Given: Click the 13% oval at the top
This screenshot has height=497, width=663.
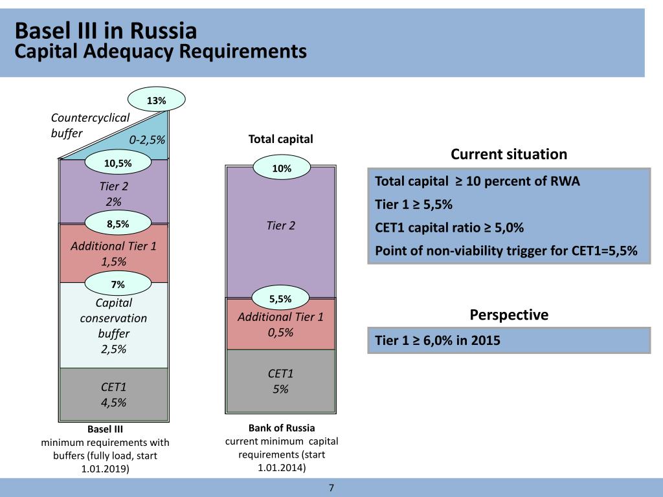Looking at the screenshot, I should [157, 100].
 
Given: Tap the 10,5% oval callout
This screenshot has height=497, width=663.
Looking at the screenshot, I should [118, 164].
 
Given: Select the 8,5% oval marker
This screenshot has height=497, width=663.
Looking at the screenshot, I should [118, 224].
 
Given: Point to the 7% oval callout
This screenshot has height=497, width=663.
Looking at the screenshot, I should [118, 283].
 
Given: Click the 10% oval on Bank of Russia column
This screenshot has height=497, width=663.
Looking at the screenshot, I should [281, 168].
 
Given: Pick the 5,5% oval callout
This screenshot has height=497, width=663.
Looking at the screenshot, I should [280, 298].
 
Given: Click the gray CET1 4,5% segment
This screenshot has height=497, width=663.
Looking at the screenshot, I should [113, 395].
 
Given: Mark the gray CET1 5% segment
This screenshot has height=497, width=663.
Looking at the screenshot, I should [280, 381].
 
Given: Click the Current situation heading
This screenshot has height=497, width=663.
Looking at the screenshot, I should [508, 154].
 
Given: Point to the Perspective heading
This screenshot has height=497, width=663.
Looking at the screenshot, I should [508, 315].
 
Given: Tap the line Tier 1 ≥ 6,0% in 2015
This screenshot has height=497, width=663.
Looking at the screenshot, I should [438, 340].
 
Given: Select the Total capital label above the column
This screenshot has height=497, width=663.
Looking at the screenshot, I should [280, 139].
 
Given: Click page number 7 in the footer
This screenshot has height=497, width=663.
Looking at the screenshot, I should [331, 488].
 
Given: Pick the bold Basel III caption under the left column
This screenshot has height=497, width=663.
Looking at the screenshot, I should [105, 428].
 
